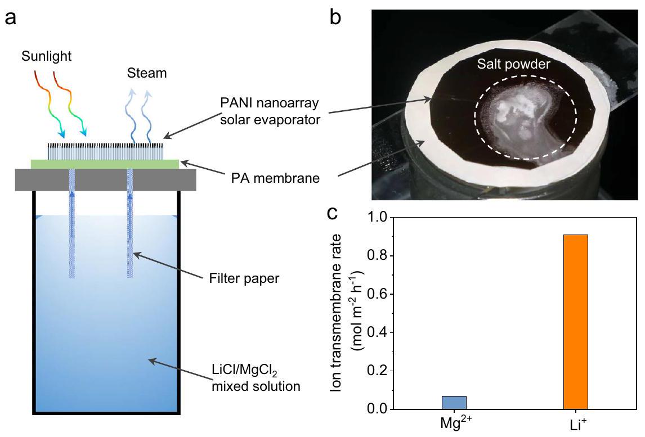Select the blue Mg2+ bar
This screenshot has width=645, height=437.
tap(454, 402)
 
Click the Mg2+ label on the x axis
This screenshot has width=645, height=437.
tap(454, 424)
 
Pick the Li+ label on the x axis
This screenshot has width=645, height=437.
tap(576, 424)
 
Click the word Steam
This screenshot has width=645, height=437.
tap(146, 74)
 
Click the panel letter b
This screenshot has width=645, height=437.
tap(335, 18)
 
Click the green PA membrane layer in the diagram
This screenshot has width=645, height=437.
tap(105, 164)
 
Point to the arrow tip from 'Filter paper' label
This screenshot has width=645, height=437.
tap(135, 254)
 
